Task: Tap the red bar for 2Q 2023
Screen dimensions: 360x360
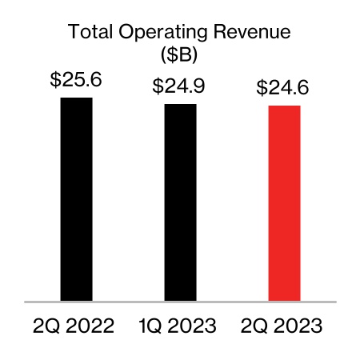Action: click(x=284, y=203)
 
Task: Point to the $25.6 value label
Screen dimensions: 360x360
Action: click(x=76, y=81)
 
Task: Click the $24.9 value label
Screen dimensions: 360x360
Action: click(x=180, y=86)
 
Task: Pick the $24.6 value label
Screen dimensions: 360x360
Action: click(x=284, y=88)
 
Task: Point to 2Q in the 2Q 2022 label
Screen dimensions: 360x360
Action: click(x=47, y=326)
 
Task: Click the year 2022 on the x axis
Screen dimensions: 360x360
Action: click(x=91, y=326)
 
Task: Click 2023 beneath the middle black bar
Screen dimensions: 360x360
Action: click(x=194, y=326)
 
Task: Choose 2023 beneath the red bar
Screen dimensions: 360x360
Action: click(x=299, y=326)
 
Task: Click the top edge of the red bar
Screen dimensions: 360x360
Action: click(x=284, y=106)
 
